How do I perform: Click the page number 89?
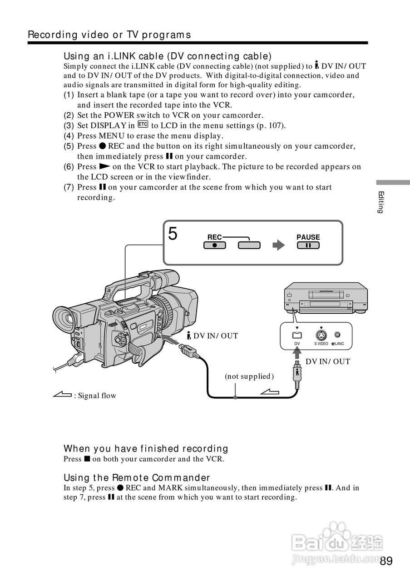pyautogui.click(x=386, y=561)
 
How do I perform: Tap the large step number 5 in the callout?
pyautogui.click(x=173, y=234)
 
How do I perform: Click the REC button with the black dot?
pyautogui.click(x=214, y=246)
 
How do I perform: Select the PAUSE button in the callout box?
pyautogui.click(x=308, y=246)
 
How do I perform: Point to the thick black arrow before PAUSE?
pyautogui.click(x=278, y=246)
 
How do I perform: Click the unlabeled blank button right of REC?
pyautogui.click(x=249, y=246)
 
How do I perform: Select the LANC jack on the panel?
pyautogui.click(x=337, y=335)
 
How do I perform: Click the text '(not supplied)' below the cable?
pyautogui.click(x=249, y=376)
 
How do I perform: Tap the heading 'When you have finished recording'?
pyautogui.click(x=146, y=449)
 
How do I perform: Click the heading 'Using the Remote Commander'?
pyautogui.click(x=137, y=477)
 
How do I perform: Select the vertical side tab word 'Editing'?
pyautogui.click(x=381, y=202)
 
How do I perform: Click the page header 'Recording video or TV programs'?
pyautogui.click(x=109, y=35)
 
